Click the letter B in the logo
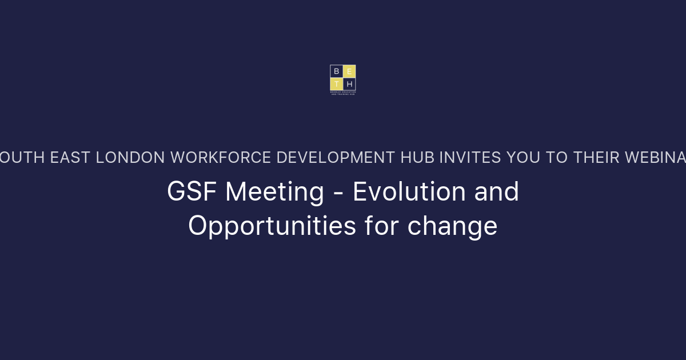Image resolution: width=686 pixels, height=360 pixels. (x=336, y=71)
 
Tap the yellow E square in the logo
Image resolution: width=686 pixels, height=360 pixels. (x=349, y=71)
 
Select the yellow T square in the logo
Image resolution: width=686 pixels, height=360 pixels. (x=336, y=84)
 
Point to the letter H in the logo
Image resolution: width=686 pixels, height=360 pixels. (x=349, y=84)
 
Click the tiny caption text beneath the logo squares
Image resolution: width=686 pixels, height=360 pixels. (x=343, y=93)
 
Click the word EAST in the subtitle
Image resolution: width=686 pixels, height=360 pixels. (x=70, y=158)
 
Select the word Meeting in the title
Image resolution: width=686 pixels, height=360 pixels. (x=274, y=192)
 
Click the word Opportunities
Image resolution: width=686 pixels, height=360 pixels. (x=272, y=226)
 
